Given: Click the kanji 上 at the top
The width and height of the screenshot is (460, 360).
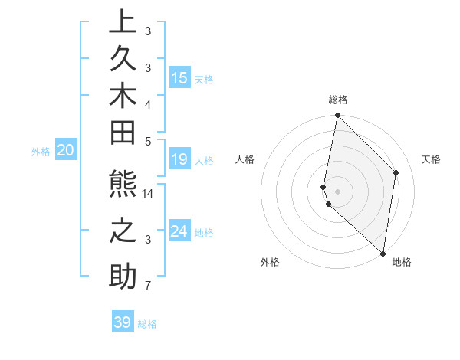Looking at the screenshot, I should pyautogui.click(x=123, y=22).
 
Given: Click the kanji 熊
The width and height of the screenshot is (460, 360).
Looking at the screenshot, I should pyautogui.click(x=123, y=187).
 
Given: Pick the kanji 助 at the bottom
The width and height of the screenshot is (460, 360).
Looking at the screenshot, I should pyautogui.click(x=123, y=276).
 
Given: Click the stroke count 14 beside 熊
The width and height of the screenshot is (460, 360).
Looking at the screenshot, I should pyautogui.click(x=148, y=195).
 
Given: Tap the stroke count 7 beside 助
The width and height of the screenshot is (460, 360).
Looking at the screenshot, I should pyautogui.click(x=148, y=286).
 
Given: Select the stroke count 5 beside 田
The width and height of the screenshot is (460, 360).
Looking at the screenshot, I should pyautogui.click(x=148, y=141).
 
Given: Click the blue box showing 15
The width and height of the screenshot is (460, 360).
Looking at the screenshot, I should pyautogui.click(x=179, y=77).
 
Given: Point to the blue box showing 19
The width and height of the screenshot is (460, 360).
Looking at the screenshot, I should pyautogui.click(x=179, y=159).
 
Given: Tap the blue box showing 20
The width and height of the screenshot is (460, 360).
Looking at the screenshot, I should pyautogui.click(x=66, y=151).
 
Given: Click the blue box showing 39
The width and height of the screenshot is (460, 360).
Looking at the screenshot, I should pyautogui.click(x=123, y=322).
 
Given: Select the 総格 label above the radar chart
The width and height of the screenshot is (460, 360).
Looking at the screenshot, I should pyautogui.click(x=338, y=100).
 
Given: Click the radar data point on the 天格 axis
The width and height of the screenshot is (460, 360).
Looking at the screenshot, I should pyautogui.click(x=396, y=172).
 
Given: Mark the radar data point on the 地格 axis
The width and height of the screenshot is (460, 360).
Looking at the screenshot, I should pyautogui.click(x=383, y=253).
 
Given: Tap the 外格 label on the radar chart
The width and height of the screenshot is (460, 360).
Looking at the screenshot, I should pyautogui.click(x=270, y=262).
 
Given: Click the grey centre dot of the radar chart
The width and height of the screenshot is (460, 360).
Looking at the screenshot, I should pyautogui.click(x=337, y=191).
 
